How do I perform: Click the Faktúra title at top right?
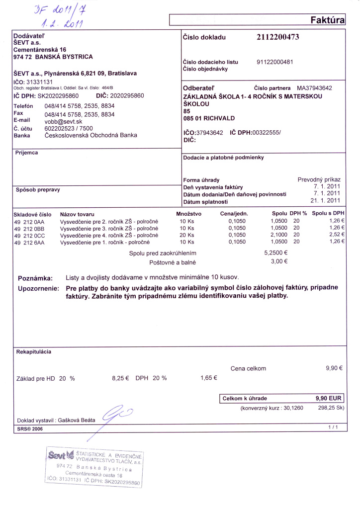tap(327, 20)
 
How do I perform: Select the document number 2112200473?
tap(278, 37)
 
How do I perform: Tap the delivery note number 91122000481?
tap(274, 62)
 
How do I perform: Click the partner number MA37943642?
tap(314, 88)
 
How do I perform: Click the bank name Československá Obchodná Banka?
tap(91, 135)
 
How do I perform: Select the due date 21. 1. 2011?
tap(325, 201)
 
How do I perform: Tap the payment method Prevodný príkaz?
tap(319, 179)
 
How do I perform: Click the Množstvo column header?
tap(188, 213)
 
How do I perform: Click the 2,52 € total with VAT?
tap(337, 235)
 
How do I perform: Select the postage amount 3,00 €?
tap(279, 261)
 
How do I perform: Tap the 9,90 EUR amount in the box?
tap(329, 399)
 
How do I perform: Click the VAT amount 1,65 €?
tap(209, 378)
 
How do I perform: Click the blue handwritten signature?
tap(117, 414)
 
